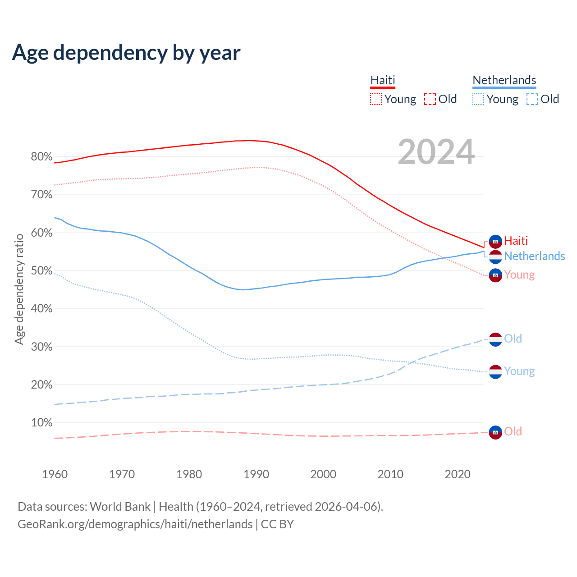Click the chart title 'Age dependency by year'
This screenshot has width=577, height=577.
[126, 53]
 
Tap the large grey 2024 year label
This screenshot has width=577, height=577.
[436, 152]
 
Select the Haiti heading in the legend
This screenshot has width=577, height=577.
[383, 80]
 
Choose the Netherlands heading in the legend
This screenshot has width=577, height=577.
[504, 80]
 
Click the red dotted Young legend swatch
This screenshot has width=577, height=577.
[376, 99]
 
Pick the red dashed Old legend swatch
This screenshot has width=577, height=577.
[430, 99]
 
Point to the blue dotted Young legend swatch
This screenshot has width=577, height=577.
[478, 99]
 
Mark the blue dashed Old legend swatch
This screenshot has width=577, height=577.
[532, 99]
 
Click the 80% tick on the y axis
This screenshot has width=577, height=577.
[41, 157]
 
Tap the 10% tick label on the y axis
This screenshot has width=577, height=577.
[41, 423]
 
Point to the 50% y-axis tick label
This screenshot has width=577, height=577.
[41, 271]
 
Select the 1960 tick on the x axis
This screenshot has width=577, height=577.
[55, 474]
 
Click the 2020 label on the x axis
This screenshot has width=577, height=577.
[458, 474]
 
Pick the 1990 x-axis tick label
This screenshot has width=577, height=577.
[256, 474]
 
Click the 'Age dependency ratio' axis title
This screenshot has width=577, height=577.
[19, 289]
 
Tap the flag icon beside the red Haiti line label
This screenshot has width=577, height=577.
[495, 242]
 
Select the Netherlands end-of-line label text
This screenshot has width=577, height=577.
[534, 256]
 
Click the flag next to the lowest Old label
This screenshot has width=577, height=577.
[495, 432]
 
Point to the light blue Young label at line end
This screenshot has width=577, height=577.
[519, 371]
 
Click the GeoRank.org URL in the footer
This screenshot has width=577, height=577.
[135, 524]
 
